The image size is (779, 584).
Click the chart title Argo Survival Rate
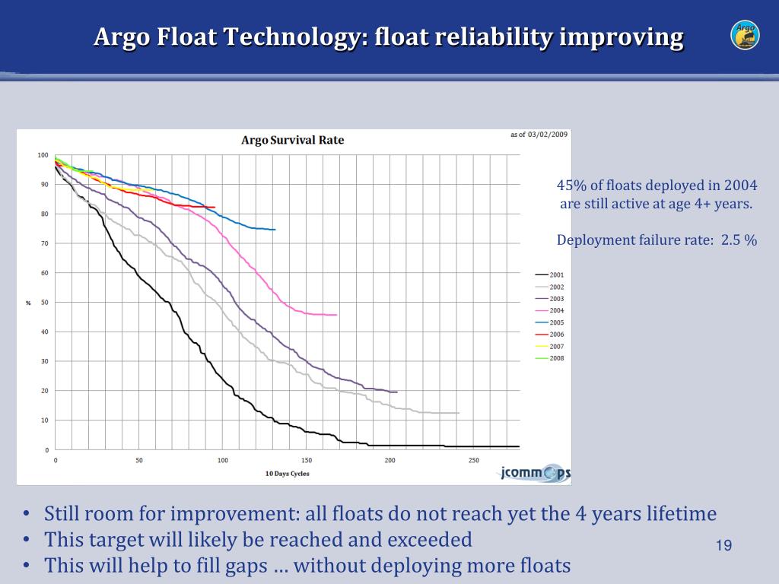pyautogui.click(x=292, y=140)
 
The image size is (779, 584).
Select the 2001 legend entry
pyautogui.click(x=556, y=275)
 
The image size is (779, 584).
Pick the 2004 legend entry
pyautogui.click(x=556, y=311)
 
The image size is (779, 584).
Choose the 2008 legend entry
pyautogui.click(x=556, y=358)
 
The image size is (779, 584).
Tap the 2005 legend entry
pyautogui.click(x=556, y=322)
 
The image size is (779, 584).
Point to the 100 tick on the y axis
pyautogui.click(x=43, y=155)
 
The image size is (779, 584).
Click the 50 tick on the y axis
pyautogui.click(x=44, y=303)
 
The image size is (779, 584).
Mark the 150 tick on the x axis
pyautogui.click(x=306, y=461)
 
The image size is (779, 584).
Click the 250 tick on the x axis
pyautogui.click(x=473, y=461)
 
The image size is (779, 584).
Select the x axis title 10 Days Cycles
pyautogui.click(x=287, y=474)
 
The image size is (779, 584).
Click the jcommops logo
pyautogui.click(x=535, y=473)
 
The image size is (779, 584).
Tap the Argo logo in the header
pyautogui.click(x=745, y=35)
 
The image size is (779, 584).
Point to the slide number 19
pyautogui.click(x=723, y=546)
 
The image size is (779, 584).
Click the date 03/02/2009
pyautogui.click(x=548, y=135)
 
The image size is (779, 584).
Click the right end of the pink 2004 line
pyautogui.click(x=335, y=315)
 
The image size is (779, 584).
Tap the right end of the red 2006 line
pyautogui.click(x=215, y=208)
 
